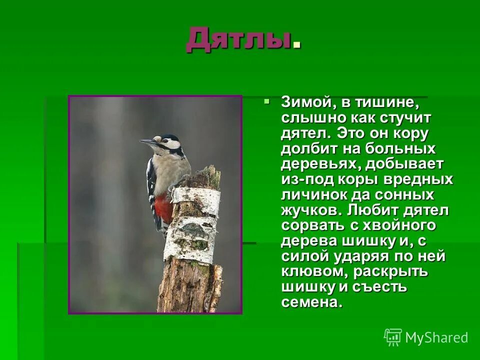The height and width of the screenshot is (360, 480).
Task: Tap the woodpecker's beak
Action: click(148, 143)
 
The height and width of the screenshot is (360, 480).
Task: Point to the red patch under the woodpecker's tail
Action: click(164, 207)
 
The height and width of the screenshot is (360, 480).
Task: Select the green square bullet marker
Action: click(266, 101)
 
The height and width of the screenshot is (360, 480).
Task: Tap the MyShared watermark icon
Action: click(393, 337)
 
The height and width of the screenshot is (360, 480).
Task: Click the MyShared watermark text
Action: click(436, 338)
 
